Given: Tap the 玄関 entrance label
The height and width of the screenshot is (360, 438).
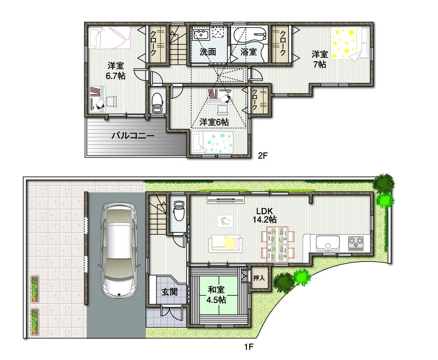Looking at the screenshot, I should [169, 292].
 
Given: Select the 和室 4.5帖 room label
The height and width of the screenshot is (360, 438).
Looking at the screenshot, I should [217, 294].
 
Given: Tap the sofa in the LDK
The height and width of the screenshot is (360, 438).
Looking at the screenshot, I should [225, 244].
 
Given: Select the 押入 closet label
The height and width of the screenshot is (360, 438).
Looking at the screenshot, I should [259, 278].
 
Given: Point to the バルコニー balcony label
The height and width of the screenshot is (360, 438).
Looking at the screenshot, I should [132, 136].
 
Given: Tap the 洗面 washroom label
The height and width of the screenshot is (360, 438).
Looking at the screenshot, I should [208, 52].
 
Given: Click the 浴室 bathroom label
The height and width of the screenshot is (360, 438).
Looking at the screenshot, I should [248, 52].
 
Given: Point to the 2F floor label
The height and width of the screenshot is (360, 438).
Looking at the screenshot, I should [263, 155].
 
